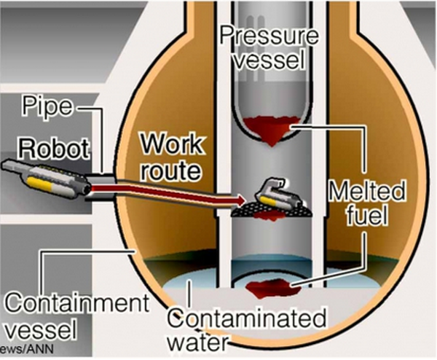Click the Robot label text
[55, 149]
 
